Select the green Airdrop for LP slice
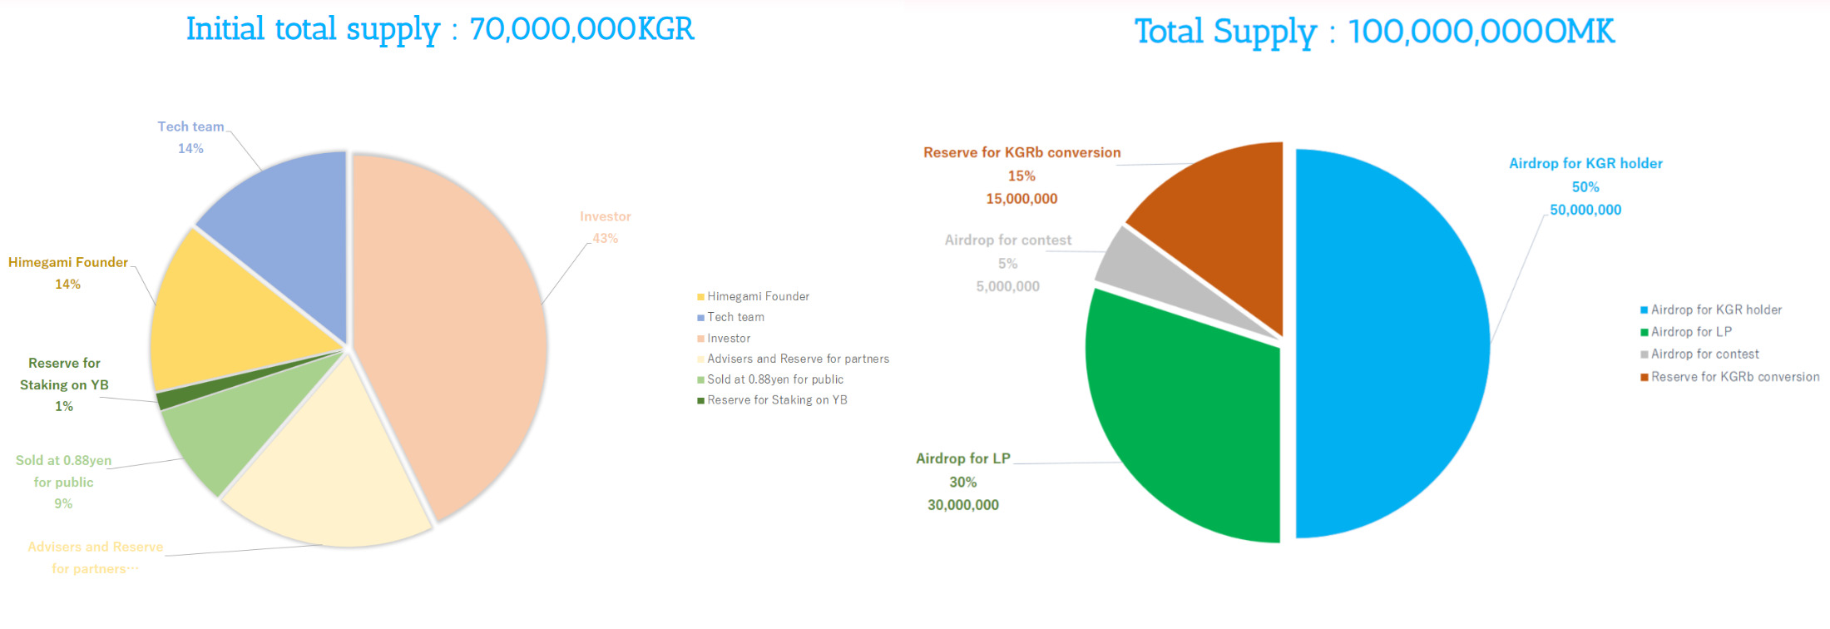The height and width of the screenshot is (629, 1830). click(1181, 424)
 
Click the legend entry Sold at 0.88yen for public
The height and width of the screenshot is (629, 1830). click(774, 379)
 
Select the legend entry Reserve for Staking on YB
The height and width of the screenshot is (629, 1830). click(777, 400)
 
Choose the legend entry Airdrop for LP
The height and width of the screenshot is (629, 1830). click(1691, 332)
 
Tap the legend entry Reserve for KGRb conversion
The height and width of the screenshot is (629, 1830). click(1734, 377)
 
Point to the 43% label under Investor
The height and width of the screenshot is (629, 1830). click(605, 239)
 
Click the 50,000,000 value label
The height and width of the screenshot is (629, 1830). click(1585, 210)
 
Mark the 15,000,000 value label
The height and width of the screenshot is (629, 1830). click(1021, 199)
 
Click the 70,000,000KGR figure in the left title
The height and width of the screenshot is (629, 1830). click(581, 30)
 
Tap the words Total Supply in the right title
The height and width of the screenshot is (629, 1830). click(1225, 32)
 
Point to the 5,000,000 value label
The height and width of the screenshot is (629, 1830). click(1007, 287)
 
